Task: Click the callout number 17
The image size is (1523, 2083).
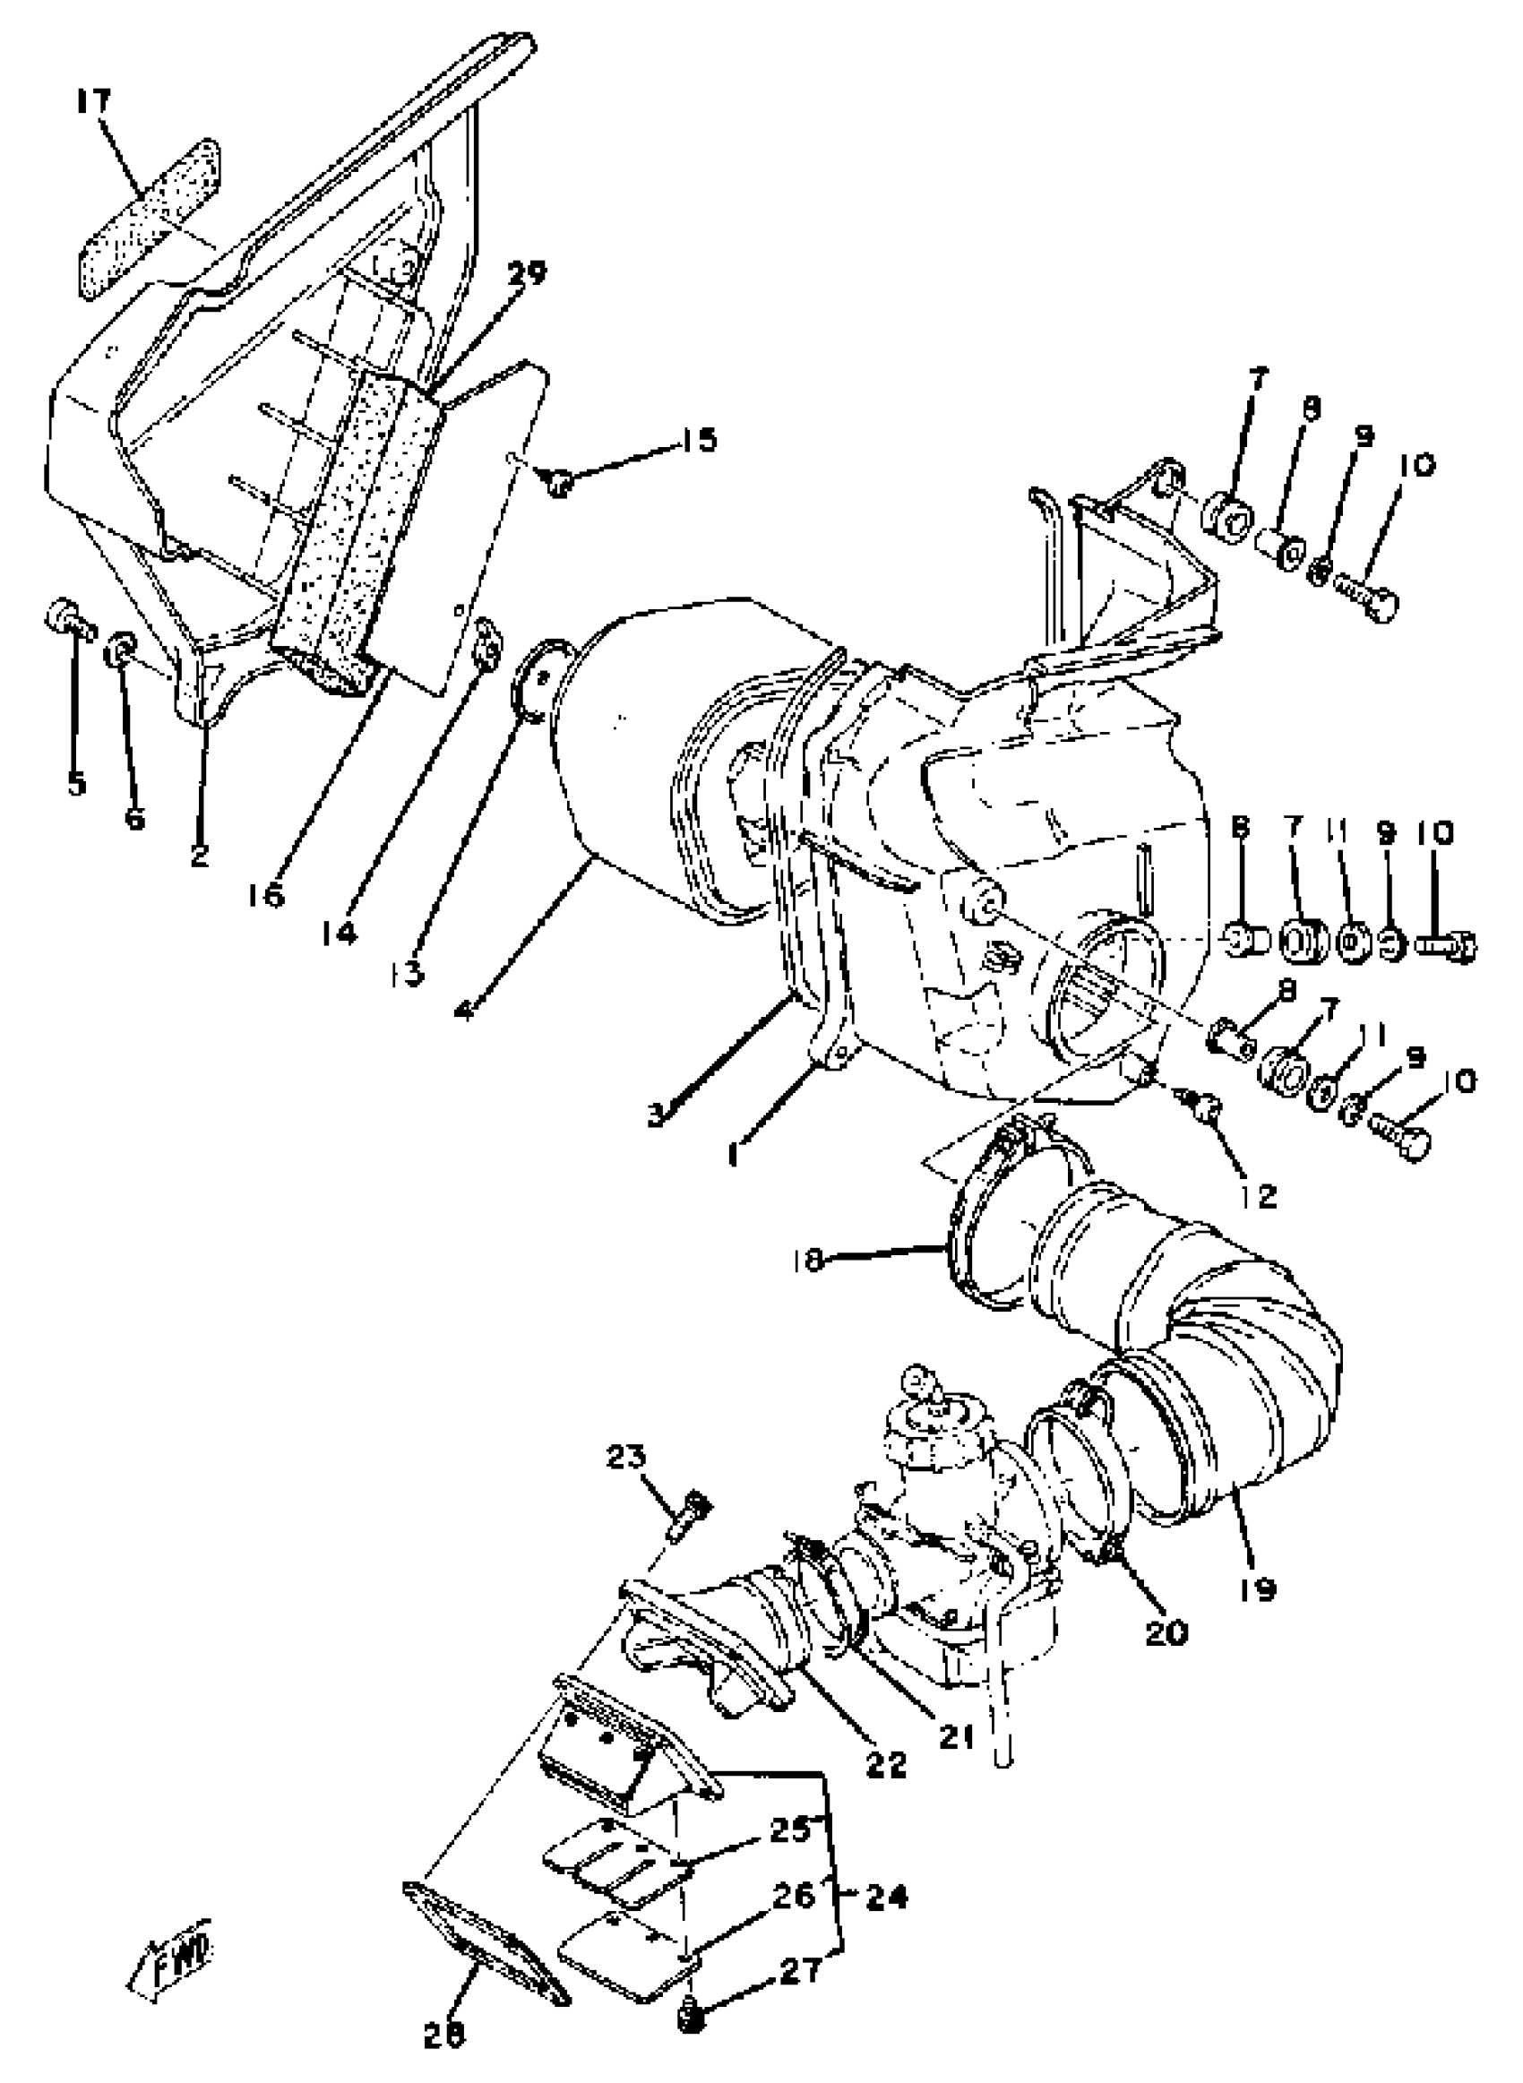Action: (x=92, y=100)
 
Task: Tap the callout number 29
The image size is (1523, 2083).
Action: (x=527, y=274)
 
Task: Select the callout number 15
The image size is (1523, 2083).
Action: (x=700, y=440)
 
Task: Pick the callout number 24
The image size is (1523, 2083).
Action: (x=886, y=1897)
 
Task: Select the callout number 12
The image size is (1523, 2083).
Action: (x=1260, y=1197)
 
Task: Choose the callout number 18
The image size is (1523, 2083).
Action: (x=808, y=1260)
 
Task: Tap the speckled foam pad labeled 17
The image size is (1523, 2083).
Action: (x=148, y=219)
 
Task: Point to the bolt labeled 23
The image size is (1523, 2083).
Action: (x=689, y=1517)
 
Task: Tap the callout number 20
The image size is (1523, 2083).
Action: (x=1167, y=1633)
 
